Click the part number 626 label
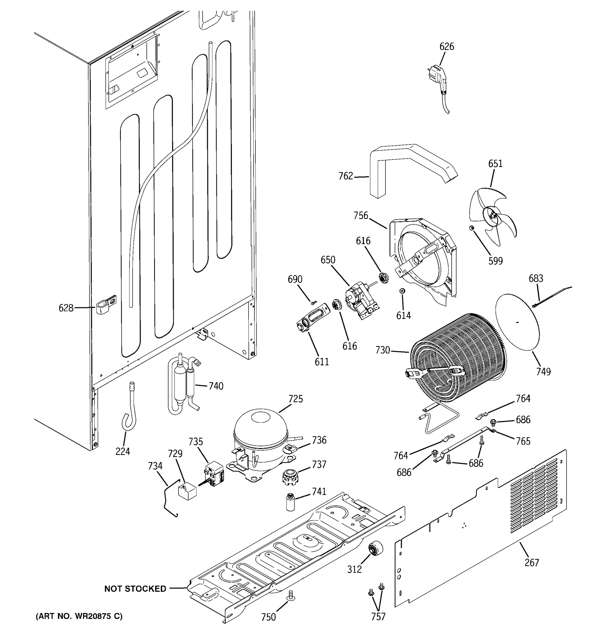point(446,46)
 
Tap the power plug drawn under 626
point(437,76)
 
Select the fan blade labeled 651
point(493,217)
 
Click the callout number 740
point(216,386)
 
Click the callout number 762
point(345,176)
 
